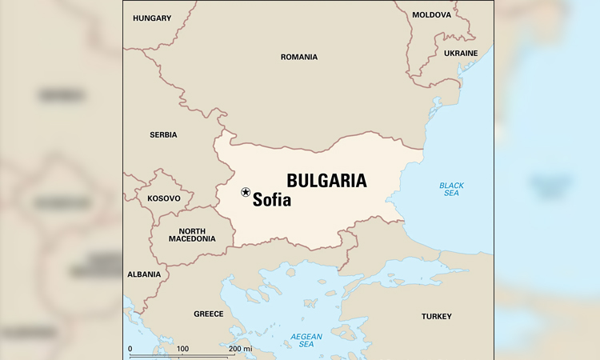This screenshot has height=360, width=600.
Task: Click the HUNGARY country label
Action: click(x=152, y=18)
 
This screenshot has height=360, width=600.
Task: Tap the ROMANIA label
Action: click(x=299, y=57)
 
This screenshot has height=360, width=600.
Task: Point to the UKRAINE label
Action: click(x=461, y=53)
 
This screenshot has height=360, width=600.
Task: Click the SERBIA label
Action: click(x=163, y=134)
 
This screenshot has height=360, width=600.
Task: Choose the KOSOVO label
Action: click(x=164, y=198)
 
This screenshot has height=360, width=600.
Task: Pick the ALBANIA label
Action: click(x=144, y=274)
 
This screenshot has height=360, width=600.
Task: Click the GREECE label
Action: click(x=209, y=314)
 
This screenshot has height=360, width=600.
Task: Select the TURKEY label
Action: click(x=437, y=316)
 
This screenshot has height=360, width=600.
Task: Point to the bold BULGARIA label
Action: click(x=326, y=181)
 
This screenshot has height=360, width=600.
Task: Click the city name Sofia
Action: click(x=272, y=201)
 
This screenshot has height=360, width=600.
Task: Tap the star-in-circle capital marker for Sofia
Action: click(x=246, y=192)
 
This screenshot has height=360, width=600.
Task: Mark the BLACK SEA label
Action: click(x=451, y=190)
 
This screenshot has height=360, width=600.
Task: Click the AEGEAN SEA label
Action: click(x=306, y=340)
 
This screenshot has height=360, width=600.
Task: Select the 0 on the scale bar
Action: click(x=130, y=349)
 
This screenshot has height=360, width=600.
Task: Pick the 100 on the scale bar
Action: click(x=182, y=349)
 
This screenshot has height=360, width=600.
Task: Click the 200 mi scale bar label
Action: click(x=241, y=349)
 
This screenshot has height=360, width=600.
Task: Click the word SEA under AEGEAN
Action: click(x=306, y=345)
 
